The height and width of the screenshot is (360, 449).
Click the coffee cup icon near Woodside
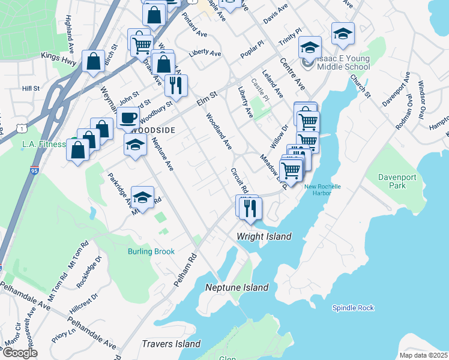click(129, 117)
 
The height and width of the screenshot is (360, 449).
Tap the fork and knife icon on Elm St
click(176, 86)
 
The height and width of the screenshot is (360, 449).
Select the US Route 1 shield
click(22, 128)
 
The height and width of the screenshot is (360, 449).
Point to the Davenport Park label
click(392, 181)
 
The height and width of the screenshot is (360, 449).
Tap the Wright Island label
click(264, 236)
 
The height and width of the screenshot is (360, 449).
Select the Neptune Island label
click(237, 287)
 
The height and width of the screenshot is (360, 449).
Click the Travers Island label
click(171, 344)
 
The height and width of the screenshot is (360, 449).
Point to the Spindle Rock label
click(353, 308)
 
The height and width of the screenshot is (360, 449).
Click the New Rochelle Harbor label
click(322, 190)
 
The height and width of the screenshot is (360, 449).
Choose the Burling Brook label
click(151, 251)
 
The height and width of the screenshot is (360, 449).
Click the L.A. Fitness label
click(43, 144)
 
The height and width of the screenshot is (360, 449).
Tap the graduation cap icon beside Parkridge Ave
click(142, 197)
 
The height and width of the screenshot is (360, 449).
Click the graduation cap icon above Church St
click(343, 34)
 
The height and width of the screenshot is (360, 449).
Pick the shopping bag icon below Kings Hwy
click(93, 61)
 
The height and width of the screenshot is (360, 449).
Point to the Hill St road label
click(31, 88)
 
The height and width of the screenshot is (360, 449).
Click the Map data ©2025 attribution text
click(423, 355)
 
